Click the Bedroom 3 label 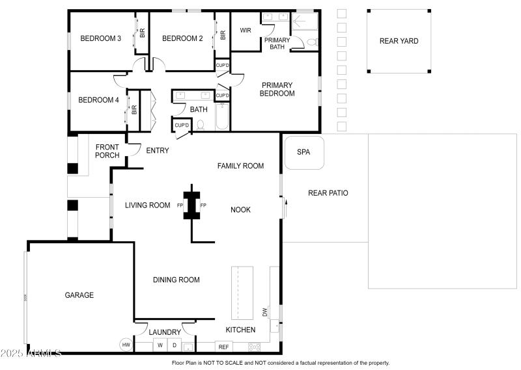click(100, 38)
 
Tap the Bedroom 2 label click(182, 38)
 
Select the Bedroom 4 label click(98, 100)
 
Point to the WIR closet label click(246, 30)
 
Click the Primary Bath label click(277, 43)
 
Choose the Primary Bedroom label click(277, 89)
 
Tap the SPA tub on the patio click(303, 152)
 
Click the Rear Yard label click(399, 41)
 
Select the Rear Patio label click(328, 193)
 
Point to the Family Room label click(240, 166)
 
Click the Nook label click(240, 209)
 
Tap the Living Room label click(147, 205)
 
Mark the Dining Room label click(176, 280)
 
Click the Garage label click(79, 295)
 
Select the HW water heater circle click(126, 345)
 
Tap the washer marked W click(160, 345)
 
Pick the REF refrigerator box click(223, 347)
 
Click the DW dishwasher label click(265, 313)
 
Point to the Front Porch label click(107, 151)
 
